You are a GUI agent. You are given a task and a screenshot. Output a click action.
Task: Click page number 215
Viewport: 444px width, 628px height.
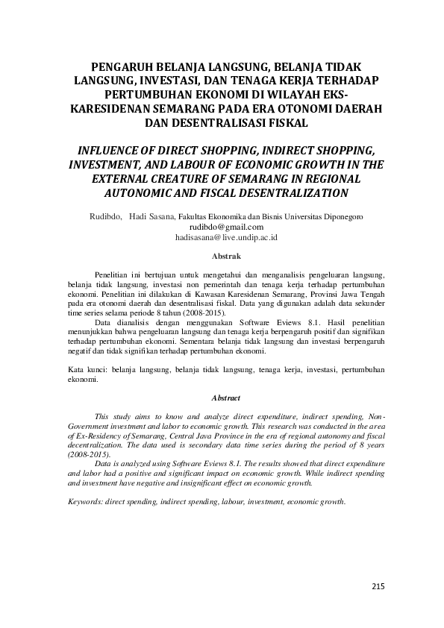pos(378,586)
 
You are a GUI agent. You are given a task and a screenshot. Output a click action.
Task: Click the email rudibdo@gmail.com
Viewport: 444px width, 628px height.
pos(226,227)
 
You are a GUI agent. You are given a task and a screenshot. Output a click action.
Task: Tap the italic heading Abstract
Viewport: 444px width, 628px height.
pos(226,398)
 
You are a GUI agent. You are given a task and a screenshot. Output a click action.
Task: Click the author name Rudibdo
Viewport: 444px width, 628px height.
pos(104,216)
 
